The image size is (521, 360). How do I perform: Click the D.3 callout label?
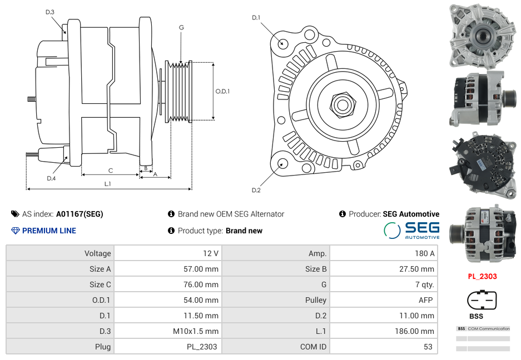coord(49,12)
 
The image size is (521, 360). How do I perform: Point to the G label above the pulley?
coord(181,28)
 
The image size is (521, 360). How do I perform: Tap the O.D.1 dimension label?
coord(222,91)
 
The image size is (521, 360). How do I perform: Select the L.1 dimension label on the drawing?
coord(108,183)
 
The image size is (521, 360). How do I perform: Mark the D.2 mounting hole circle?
coord(282,163)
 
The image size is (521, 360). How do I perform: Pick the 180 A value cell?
coord(383,253)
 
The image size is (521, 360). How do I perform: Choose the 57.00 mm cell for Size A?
coord(167,269)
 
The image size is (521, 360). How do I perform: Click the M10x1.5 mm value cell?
coord(167,331)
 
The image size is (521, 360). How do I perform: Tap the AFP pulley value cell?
coord(383,300)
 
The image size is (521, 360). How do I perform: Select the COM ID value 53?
coord(383,347)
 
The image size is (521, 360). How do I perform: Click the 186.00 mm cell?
coord(383,331)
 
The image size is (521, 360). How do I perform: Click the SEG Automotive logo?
coord(411,230)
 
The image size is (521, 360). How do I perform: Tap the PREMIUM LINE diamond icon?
coord(15,231)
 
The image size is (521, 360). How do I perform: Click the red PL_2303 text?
coord(482,276)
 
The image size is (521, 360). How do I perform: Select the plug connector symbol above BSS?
coord(482,301)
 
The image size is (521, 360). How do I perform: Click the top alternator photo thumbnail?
coord(482,36)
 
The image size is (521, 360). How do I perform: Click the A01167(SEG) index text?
coord(80,214)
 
